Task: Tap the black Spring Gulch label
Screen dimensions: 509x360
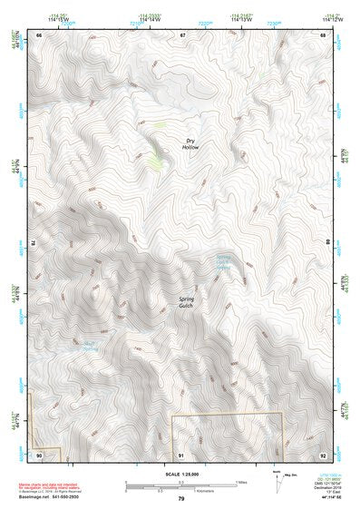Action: point(187,301)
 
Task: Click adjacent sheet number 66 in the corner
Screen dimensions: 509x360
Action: point(39,35)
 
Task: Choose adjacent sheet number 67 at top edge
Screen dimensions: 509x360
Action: point(181,35)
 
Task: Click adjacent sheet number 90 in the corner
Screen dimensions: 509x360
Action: point(39,454)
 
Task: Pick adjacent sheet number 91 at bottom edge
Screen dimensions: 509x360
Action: point(181,454)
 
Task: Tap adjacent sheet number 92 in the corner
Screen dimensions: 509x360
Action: point(322,454)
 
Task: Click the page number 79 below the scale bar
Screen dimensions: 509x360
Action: point(180,499)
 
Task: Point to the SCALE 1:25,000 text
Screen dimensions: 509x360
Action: point(180,475)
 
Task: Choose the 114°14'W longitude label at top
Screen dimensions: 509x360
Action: point(150,20)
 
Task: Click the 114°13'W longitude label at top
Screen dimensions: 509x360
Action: point(241,20)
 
